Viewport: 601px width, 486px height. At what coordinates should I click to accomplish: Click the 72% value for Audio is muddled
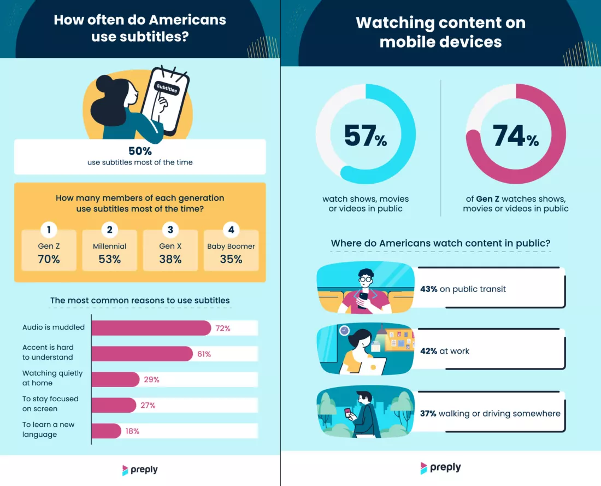(x=222, y=329)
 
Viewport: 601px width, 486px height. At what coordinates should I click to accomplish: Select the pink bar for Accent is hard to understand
(x=142, y=354)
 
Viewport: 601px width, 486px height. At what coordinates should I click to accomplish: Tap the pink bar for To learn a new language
(x=107, y=431)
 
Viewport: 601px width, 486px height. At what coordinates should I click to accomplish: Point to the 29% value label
(x=151, y=379)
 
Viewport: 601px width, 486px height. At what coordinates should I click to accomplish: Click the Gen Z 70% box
(x=49, y=251)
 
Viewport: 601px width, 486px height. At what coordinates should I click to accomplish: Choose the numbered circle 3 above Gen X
(x=170, y=230)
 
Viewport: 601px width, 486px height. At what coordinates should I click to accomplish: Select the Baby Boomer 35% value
(x=231, y=259)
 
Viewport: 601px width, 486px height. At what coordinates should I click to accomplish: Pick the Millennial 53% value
(x=110, y=259)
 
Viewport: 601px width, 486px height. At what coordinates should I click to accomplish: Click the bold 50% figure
(x=140, y=151)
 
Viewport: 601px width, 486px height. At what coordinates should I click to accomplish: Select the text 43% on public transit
(x=472, y=289)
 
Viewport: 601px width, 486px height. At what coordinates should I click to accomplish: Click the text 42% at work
(x=453, y=351)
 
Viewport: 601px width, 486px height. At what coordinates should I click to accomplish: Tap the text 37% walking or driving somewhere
(x=490, y=413)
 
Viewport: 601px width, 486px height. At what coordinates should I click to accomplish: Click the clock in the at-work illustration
(x=344, y=330)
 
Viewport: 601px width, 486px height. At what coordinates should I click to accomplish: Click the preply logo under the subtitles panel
(x=140, y=470)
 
